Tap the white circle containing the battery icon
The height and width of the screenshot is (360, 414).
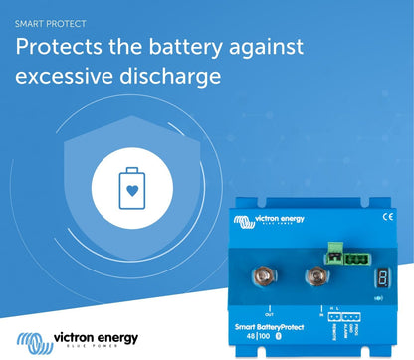124,188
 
